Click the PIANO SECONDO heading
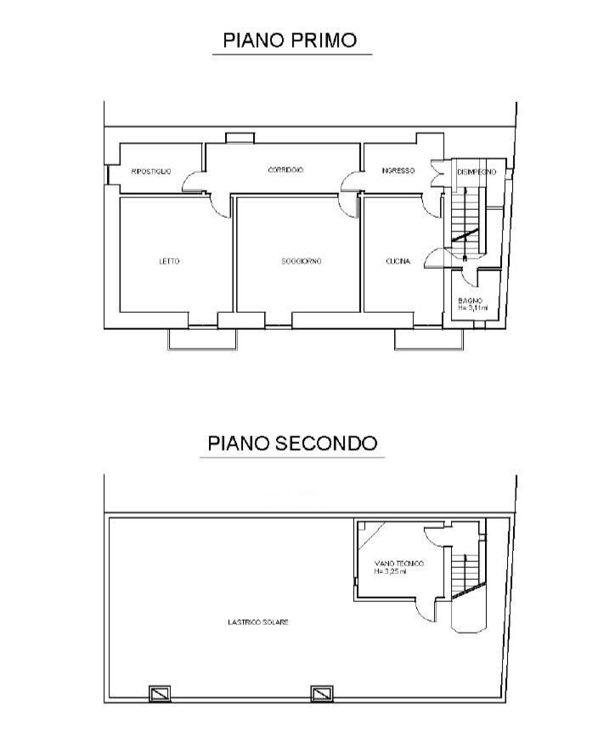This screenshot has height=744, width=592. (292, 443)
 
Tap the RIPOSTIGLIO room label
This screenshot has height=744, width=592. (151, 172)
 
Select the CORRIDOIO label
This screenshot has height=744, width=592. (285, 170)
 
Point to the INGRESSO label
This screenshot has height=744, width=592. (397, 171)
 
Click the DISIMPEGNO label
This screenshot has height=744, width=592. (481, 172)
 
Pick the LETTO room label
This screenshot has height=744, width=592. (169, 261)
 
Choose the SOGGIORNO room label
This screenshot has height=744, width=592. (302, 261)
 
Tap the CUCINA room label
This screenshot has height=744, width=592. (397, 262)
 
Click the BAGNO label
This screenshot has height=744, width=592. (470, 300)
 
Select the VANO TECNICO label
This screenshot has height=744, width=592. (398, 564)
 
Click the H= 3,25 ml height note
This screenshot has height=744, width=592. (391, 571)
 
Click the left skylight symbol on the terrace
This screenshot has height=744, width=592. (160, 694)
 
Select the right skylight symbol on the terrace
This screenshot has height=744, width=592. (320, 694)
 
